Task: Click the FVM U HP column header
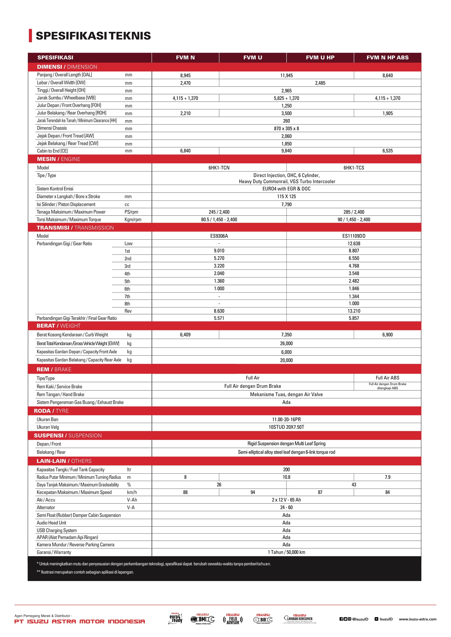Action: click(320, 57)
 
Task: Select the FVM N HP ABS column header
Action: click(387, 57)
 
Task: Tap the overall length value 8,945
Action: click(185, 75)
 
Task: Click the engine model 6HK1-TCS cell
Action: click(354, 167)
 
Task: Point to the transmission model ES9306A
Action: click(219, 236)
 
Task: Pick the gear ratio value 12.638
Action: click(354, 243)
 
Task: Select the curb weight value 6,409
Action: click(185, 335)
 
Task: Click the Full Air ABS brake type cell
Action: click(387, 377)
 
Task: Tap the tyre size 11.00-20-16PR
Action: click(286, 419)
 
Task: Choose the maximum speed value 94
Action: click(253, 492)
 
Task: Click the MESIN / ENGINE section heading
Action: click(59, 159)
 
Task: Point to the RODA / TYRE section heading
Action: click(51, 411)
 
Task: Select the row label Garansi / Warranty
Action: click(54, 552)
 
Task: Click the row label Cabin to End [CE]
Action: click(52, 151)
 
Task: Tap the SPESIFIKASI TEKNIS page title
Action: click(93, 36)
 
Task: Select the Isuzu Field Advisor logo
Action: click(233, 619)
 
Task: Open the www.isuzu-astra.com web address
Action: click(417, 619)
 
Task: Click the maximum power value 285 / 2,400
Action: click(354, 212)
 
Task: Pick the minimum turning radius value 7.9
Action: click(387, 477)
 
